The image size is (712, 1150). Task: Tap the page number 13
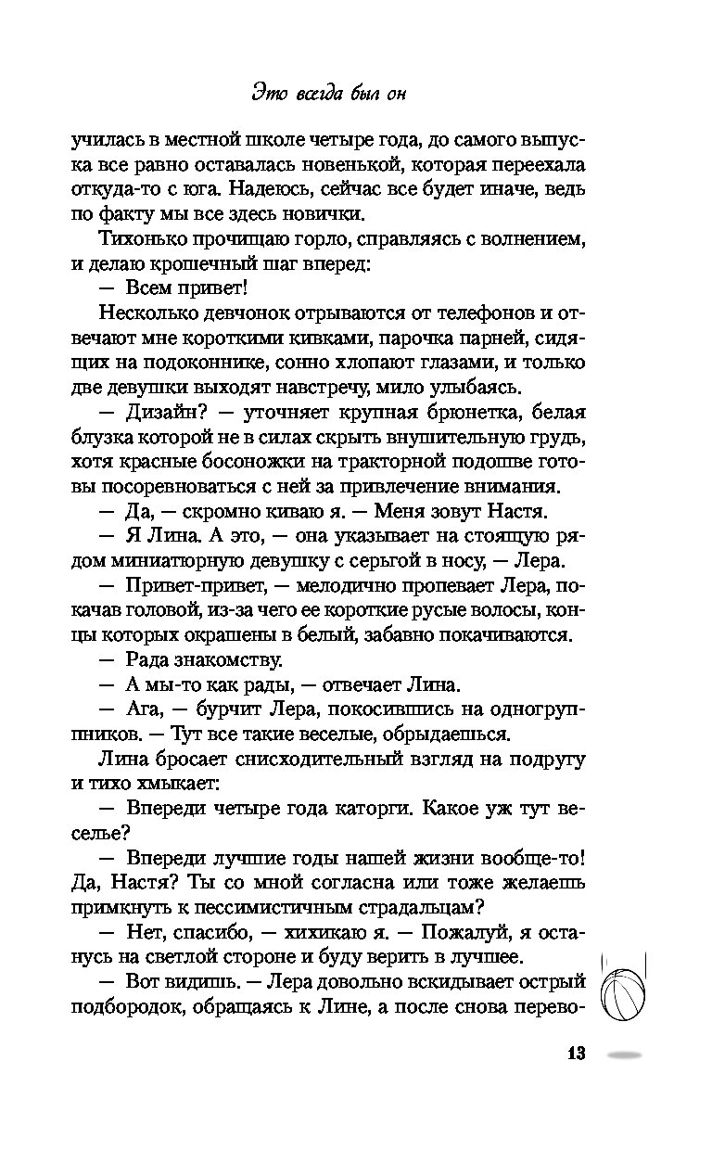point(575,1055)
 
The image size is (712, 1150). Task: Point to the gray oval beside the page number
point(621,1055)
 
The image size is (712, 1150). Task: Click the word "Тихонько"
point(136,239)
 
